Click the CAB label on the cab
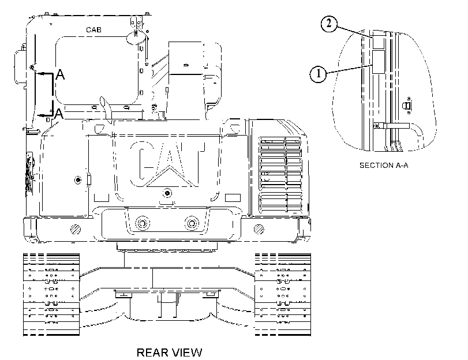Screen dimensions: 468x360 [x=93, y=30]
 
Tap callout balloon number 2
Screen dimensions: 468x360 [x=329, y=23]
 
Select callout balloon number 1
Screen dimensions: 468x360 [x=318, y=74]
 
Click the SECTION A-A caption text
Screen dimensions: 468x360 [x=384, y=166]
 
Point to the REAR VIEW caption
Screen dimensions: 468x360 [x=169, y=352]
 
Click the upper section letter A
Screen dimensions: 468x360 [x=60, y=74]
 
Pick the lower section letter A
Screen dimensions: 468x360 [x=59, y=114]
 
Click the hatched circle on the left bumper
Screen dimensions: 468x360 [x=76, y=229]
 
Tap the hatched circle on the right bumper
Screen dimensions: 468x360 [x=259, y=229]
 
